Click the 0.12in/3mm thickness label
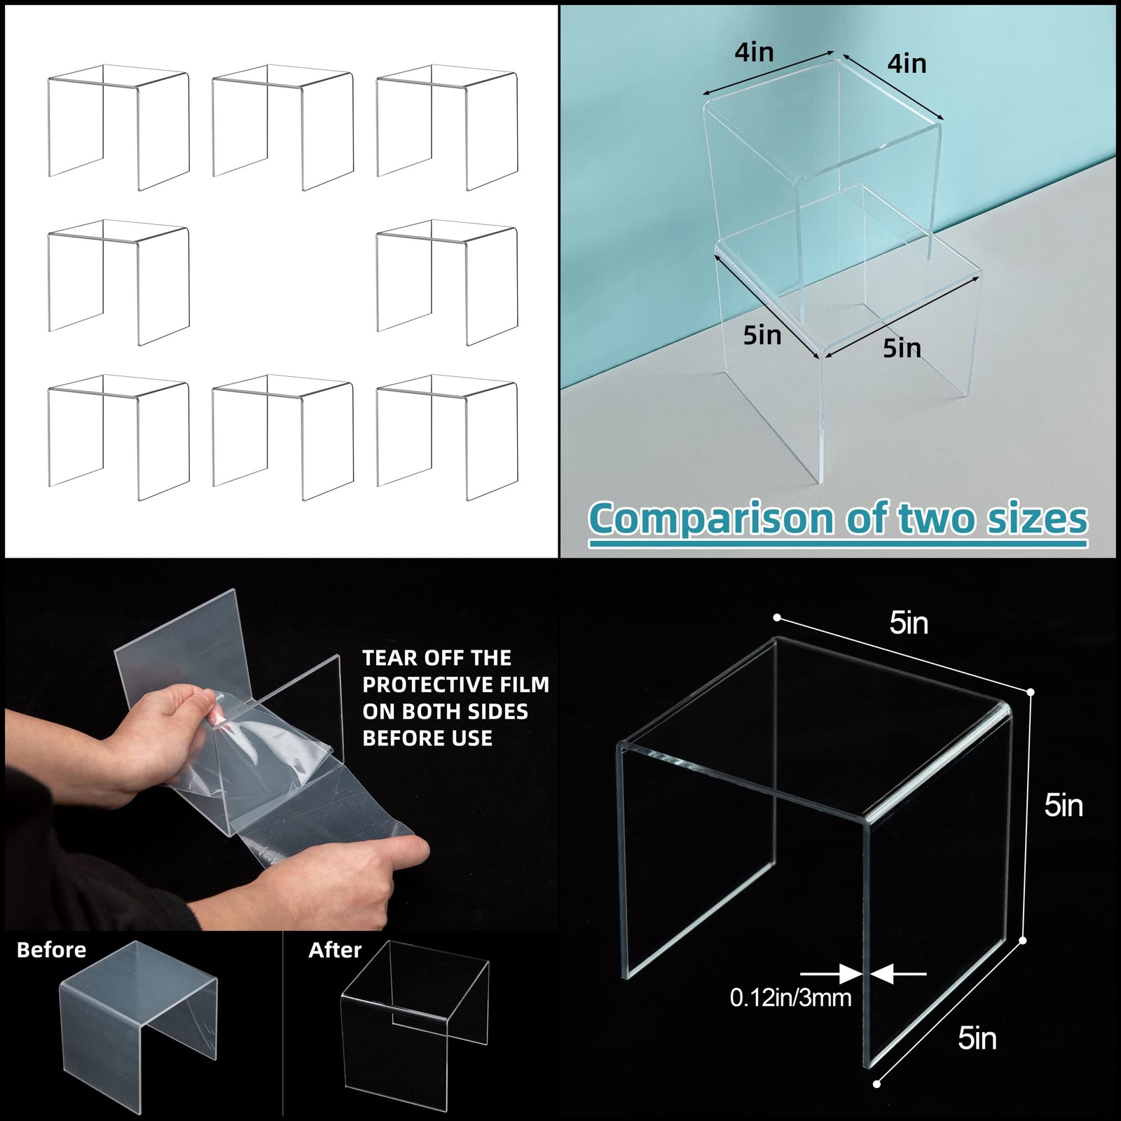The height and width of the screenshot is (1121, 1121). (790, 997)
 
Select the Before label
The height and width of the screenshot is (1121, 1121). (51, 950)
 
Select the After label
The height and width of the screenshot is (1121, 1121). (335, 950)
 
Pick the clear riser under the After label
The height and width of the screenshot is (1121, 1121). (413, 1023)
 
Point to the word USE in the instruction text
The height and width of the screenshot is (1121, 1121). (471, 738)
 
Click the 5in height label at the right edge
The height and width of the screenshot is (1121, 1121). (1063, 806)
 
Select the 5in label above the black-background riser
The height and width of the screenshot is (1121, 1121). (909, 623)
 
